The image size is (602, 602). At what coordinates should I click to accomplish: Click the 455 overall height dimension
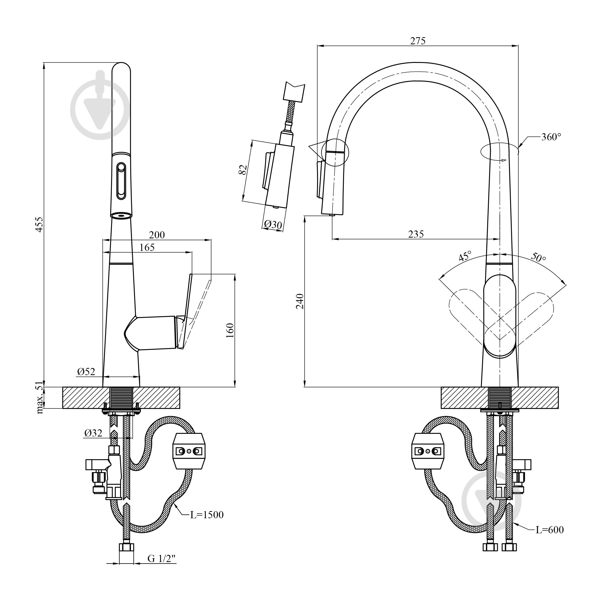point(39,224)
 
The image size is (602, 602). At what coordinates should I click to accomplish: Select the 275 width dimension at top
point(418,41)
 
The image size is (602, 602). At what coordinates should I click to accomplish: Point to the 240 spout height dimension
point(300,301)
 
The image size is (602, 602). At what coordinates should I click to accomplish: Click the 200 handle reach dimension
point(157,235)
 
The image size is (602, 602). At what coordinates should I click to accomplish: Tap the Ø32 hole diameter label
point(93,433)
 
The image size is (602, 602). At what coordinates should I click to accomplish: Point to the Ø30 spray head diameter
point(273,225)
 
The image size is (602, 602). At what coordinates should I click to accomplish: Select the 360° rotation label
point(551,137)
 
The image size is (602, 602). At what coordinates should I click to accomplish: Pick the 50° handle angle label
point(538,257)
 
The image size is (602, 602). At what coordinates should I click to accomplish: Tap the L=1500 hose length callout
point(207,515)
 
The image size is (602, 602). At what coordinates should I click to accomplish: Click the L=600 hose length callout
point(550,530)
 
